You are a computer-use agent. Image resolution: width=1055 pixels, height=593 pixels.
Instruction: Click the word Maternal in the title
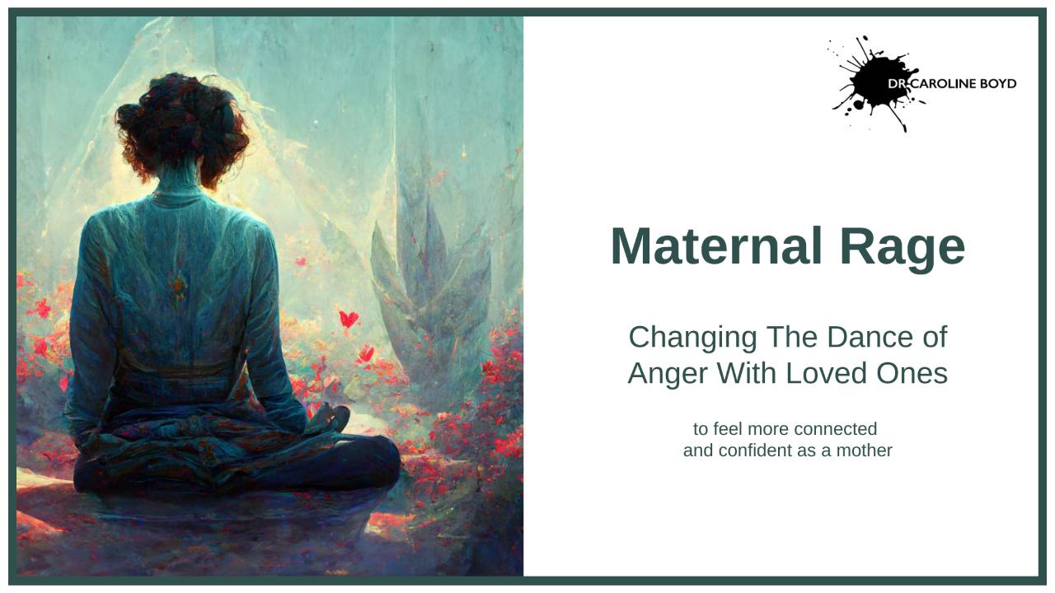pos(716,246)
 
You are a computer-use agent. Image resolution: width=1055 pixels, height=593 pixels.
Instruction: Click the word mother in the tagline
pos(863,451)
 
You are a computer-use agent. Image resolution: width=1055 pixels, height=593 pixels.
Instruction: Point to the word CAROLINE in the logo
pos(941,84)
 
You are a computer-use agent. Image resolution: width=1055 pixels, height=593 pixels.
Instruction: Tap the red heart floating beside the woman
pos(349,318)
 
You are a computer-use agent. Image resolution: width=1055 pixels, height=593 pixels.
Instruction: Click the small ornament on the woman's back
pos(176,286)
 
